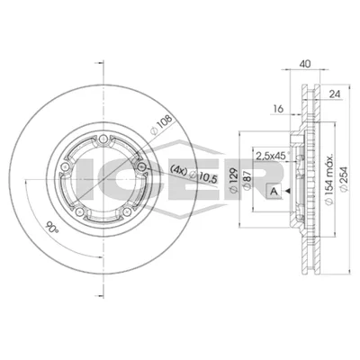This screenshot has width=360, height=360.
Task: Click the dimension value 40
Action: click(305, 64)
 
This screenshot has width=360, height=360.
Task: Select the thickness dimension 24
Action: click(335, 94)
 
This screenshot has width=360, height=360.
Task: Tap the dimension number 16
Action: click(278, 109)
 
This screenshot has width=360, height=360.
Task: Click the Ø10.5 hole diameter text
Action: click(204, 176)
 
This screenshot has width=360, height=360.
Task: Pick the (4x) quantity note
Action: click(178, 169)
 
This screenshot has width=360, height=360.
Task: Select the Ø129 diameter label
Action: click(234, 180)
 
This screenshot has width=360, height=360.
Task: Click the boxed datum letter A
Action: click(274, 191)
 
